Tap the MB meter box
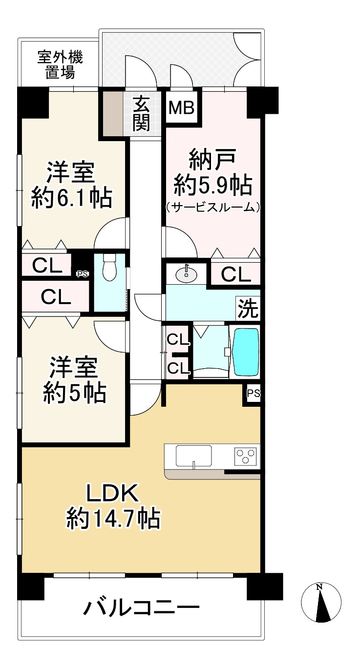tap(182, 107)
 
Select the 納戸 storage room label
tap(213, 160)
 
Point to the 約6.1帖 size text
tap(71, 198)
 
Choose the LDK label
tap(113, 494)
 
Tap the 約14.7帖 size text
tap(113, 519)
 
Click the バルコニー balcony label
tap(142, 608)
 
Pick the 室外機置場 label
tap(61, 65)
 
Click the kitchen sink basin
tap(194, 457)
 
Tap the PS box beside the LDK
tap(253, 393)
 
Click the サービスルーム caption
tap(212, 207)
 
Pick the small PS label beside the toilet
tap(82, 274)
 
